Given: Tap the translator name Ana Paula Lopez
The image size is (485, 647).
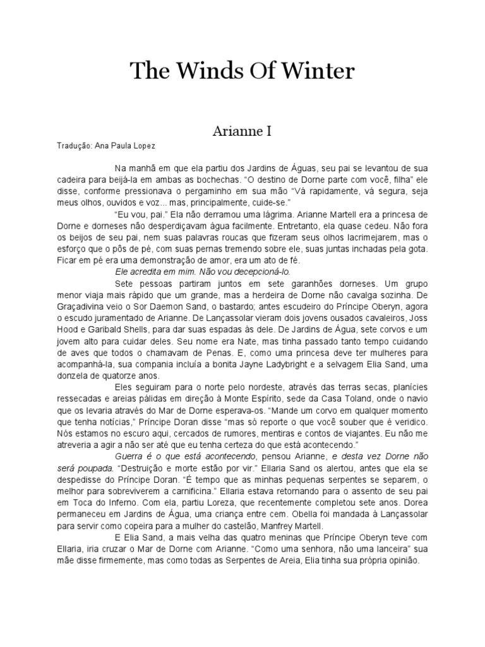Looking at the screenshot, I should [x=124, y=145].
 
